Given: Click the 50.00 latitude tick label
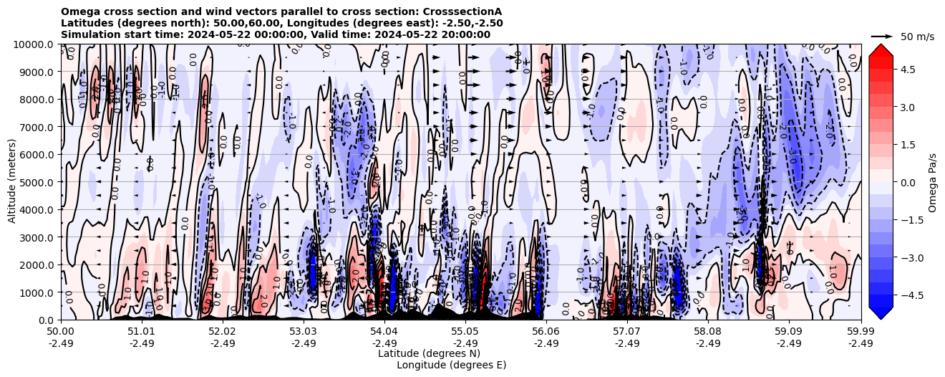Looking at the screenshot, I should (61, 332).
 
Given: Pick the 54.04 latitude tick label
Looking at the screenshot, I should (384, 332).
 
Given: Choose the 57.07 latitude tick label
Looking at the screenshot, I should (627, 332).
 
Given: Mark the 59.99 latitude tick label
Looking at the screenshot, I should (861, 332).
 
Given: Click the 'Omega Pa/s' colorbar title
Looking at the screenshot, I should (932, 182).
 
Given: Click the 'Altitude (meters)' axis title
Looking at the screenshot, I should (12, 182).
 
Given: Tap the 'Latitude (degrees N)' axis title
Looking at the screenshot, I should (429, 353).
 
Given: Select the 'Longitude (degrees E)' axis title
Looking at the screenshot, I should (451, 365).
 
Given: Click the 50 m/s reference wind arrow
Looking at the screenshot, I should (881, 36).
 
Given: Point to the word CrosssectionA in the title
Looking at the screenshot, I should (462, 11).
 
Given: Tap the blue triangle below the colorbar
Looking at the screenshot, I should (881, 312).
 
